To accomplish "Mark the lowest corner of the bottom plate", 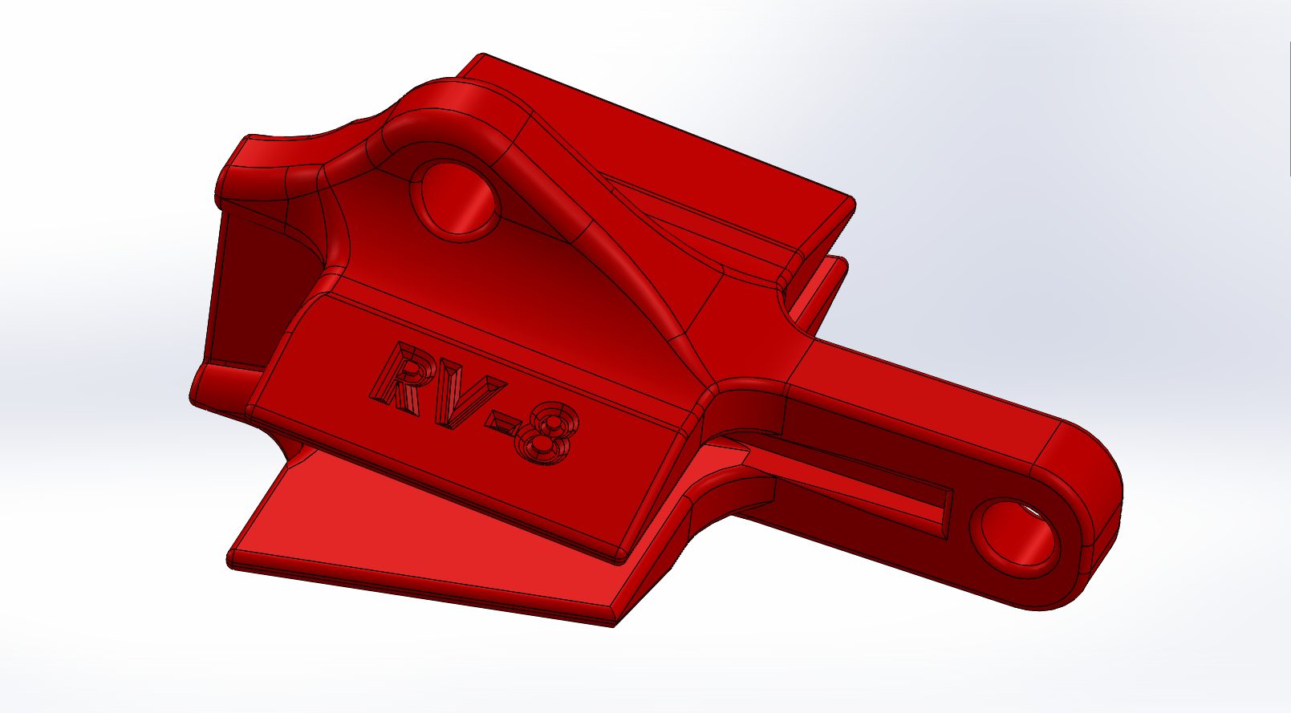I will [x=614, y=624].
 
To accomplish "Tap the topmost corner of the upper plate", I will [x=483, y=56].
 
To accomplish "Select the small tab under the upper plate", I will [x=826, y=281].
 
